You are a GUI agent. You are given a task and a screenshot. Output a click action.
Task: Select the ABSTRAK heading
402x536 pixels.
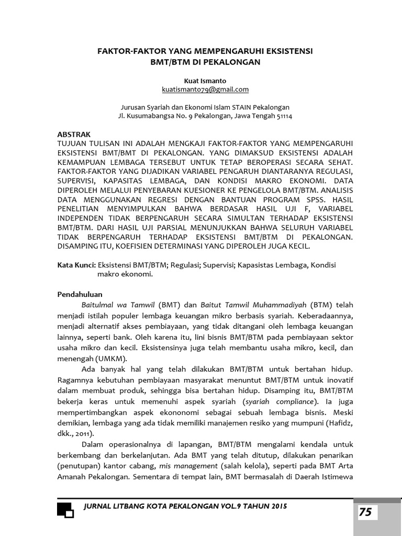[x=74, y=135]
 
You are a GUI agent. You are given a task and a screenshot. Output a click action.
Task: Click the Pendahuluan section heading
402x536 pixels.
[x=80, y=295]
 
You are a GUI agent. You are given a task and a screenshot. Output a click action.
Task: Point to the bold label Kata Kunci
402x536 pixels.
[x=76, y=265]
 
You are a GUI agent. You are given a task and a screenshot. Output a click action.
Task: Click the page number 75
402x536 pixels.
[x=365, y=512]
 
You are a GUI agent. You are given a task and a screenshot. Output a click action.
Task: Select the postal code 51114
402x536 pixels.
[x=283, y=116]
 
